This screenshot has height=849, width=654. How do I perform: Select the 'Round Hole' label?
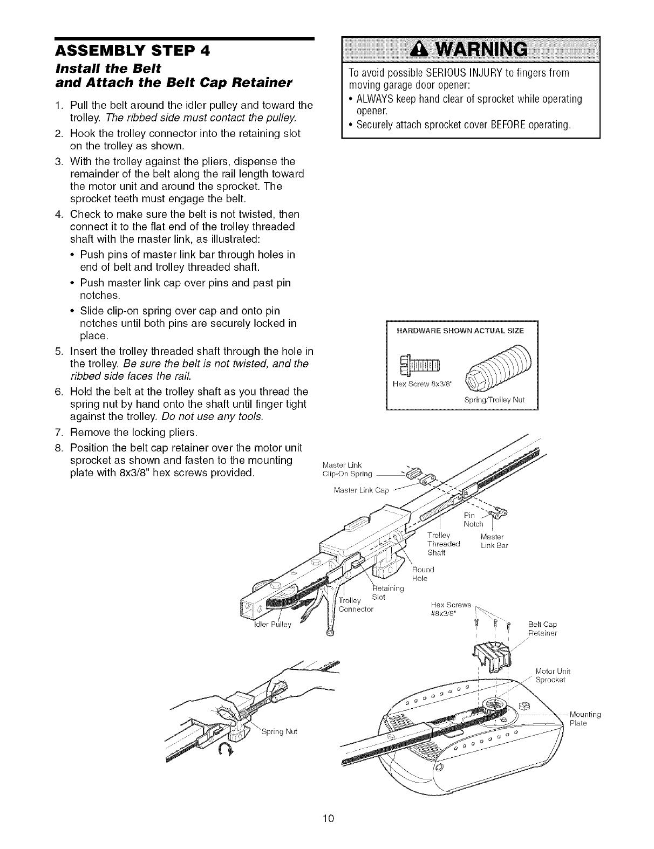(423, 574)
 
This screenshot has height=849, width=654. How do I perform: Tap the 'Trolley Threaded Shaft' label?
(444, 544)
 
